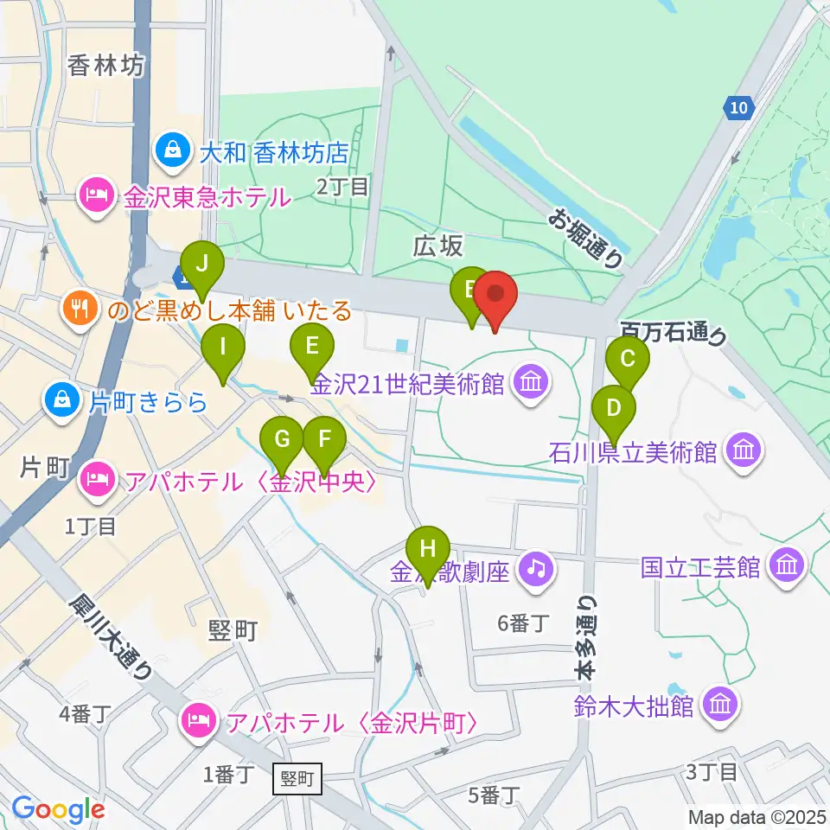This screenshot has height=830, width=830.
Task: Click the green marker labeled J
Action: pos(201,263)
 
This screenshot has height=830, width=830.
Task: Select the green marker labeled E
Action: pos(312,349)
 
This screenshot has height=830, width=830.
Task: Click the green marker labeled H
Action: pos(428,552)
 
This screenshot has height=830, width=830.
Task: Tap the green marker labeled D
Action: pos(614,409)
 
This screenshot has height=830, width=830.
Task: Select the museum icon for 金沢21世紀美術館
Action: pos(531,380)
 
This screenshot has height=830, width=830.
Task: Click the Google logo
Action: pos(58,810)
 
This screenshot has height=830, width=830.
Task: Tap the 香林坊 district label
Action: pos(105,65)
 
